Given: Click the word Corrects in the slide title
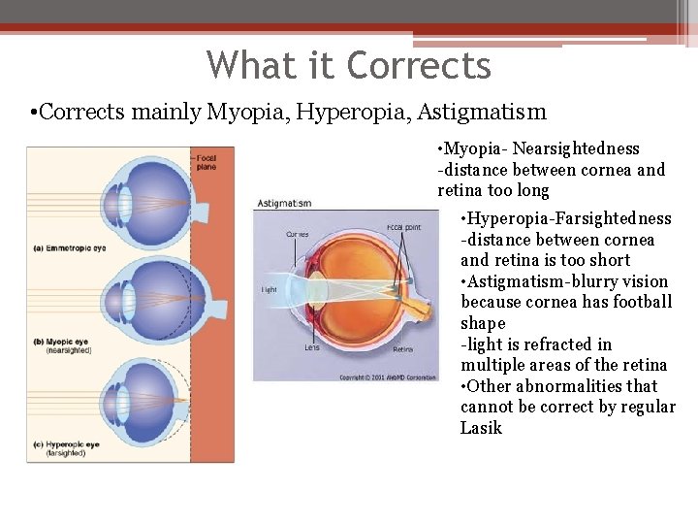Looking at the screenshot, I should pyautogui.click(x=419, y=66).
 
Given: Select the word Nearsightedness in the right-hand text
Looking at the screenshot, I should pyautogui.click(x=576, y=149).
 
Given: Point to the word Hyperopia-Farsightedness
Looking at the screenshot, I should pyautogui.click(x=566, y=219).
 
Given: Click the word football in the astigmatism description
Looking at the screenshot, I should pyautogui.click(x=641, y=303).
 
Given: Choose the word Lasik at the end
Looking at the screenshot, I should pyautogui.click(x=481, y=428).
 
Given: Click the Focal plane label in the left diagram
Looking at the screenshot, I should pyautogui.click(x=206, y=161).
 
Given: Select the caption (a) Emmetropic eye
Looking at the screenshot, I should pyautogui.click(x=70, y=248).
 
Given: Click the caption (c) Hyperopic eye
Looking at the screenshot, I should pyautogui.click(x=67, y=444).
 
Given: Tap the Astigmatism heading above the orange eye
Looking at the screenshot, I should pyautogui.click(x=284, y=204).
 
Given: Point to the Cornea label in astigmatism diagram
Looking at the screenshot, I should pyautogui.click(x=298, y=234).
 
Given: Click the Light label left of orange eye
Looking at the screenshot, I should pyautogui.click(x=270, y=289).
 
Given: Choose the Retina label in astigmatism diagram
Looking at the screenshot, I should pyautogui.click(x=404, y=349).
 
